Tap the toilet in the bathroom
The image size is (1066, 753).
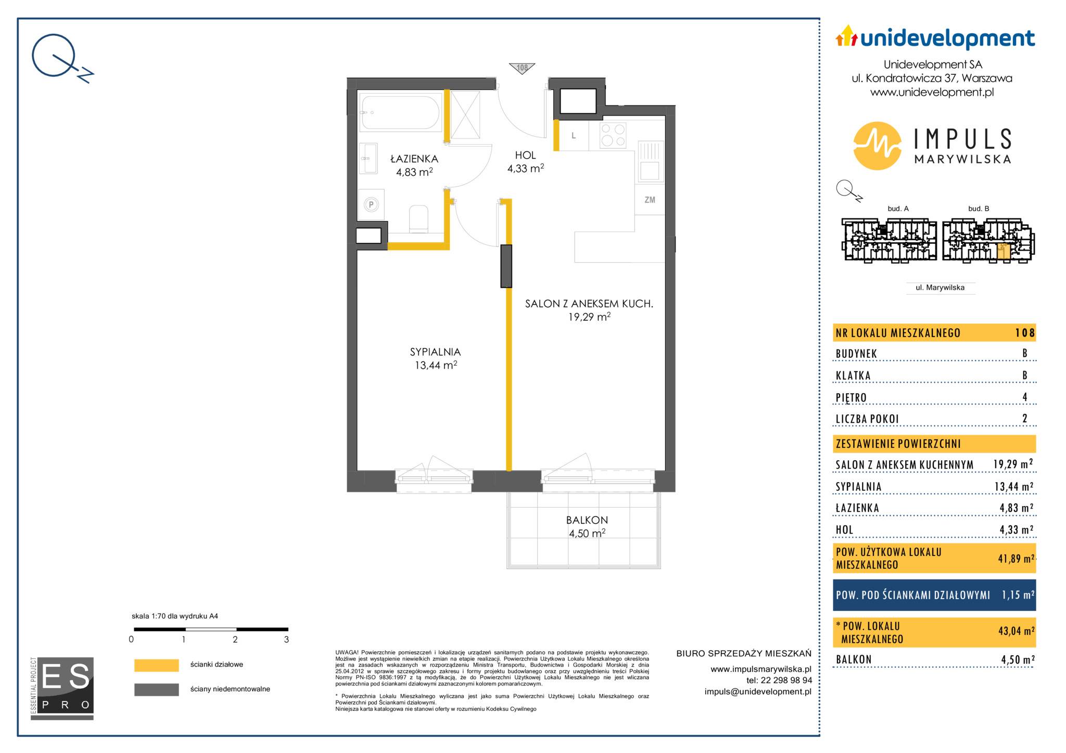point(418,219)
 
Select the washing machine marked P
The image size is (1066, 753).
point(372,204)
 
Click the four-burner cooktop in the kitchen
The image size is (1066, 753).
point(613,135)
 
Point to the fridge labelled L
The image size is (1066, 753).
point(574,136)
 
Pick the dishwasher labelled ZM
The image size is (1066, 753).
point(650,200)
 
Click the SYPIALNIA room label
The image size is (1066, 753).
point(435,352)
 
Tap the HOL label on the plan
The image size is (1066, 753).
point(525,155)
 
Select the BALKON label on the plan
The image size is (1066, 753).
point(587,520)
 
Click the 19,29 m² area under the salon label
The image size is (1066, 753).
point(589,317)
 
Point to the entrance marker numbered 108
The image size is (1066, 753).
point(522,68)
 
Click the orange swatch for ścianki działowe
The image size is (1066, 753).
point(156,665)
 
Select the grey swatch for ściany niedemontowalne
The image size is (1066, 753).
point(156,690)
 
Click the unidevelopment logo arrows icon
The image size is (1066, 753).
point(846,36)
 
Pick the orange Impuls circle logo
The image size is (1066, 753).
point(878,146)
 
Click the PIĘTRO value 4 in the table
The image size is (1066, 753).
point(1025,397)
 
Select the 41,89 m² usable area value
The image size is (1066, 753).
point(1016,559)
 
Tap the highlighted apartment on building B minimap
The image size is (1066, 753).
point(1004,252)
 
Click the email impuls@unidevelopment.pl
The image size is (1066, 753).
point(758,692)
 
